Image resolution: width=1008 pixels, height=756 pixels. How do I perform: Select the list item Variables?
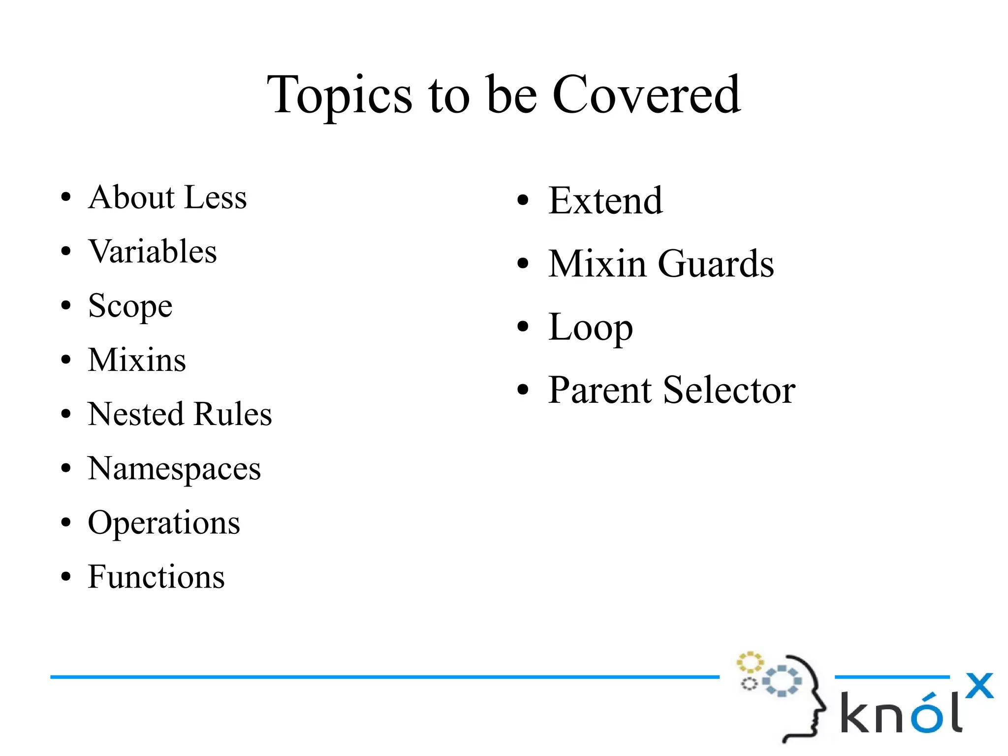[153, 252]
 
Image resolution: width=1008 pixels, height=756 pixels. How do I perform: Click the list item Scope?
[130, 306]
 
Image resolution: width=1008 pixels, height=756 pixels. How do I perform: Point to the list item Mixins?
[137, 360]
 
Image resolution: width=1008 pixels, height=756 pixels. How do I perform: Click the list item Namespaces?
[174, 469]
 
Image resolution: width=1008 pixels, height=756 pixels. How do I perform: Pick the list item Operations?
[164, 523]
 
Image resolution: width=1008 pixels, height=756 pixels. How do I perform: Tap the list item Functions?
[156, 577]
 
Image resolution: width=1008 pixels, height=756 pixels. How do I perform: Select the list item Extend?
[605, 201]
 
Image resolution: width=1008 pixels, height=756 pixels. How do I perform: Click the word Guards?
[716, 264]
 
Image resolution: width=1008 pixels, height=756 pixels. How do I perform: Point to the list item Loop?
[591, 328]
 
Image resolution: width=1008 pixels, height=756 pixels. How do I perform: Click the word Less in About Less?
[216, 197]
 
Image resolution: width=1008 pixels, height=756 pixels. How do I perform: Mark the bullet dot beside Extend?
[523, 200]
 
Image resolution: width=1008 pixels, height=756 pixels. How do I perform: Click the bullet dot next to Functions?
[66, 576]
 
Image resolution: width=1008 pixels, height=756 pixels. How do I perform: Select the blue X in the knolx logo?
[979, 686]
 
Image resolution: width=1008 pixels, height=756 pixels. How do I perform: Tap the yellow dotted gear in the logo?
[749, 662]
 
